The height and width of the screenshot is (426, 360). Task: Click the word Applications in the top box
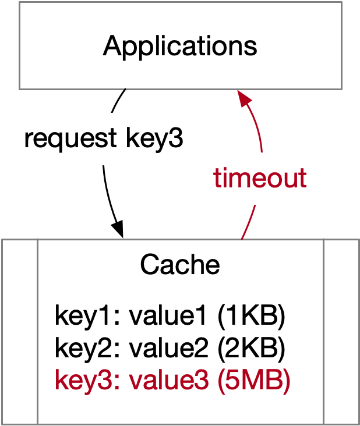tap(180, 45)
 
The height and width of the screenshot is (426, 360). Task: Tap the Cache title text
tap(180, 265)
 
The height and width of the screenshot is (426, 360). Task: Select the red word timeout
tap(260, 177)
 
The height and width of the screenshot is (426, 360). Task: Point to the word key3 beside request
tap(154, 139)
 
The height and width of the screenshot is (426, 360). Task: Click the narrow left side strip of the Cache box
tap(20, 332)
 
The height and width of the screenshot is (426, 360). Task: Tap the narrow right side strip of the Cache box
tap(341, 332)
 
